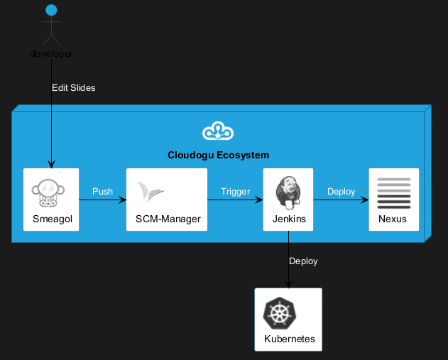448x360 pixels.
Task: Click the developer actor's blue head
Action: [x=51, y=11]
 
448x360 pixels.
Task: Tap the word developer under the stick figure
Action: [x=51, y=54]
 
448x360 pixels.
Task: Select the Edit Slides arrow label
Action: [x=73, y=88]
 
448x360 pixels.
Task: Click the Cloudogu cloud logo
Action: [x=218, y=131]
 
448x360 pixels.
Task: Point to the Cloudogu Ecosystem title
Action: [x=218, y=155]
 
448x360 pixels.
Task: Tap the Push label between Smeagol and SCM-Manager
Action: [x=102, y=192]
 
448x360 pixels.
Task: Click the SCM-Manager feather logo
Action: [x=151, y=192]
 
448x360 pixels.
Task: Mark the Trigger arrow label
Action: [x=235, y=192]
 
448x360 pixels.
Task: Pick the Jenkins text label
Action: [x=289, y=219]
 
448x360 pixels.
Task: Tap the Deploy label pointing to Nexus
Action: [x=341, y=192]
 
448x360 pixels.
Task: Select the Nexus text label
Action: [x=393, y=219]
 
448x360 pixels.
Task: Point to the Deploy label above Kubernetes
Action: [x=303, y=261]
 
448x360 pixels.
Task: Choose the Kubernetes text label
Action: [x=289, y=339]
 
